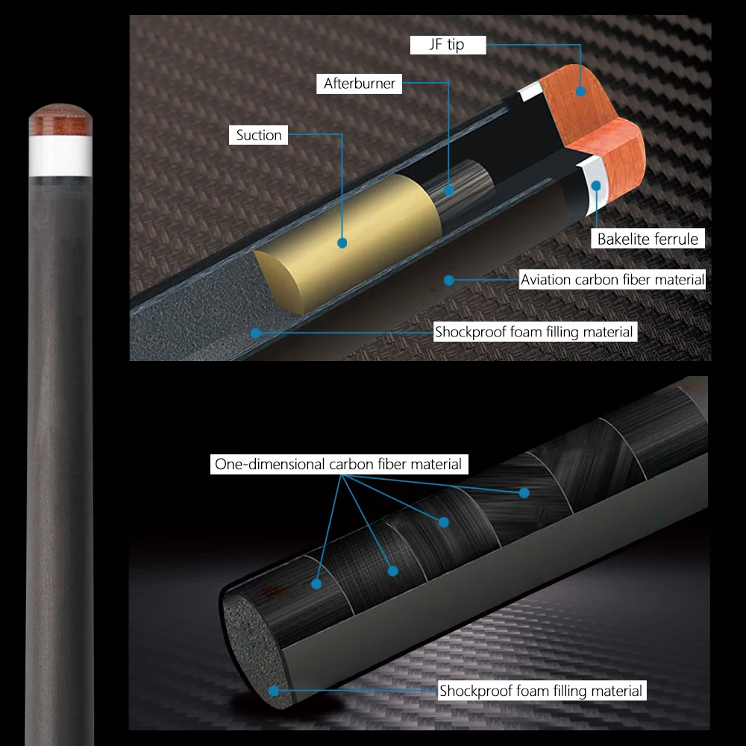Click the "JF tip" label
448,45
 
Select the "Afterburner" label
359,84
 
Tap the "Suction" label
259,135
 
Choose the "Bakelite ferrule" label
648,239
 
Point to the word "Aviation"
546,280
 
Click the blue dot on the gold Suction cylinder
342,242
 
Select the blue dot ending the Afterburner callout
448,190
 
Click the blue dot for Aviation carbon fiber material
449,280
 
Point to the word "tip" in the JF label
455,45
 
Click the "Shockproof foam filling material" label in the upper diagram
535,332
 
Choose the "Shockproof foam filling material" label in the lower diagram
540,692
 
